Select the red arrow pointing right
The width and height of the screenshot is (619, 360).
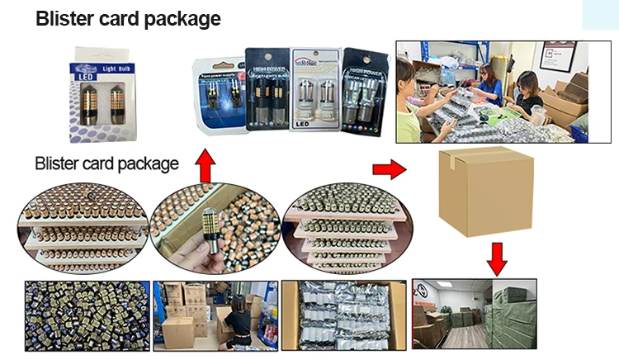pos(389,169)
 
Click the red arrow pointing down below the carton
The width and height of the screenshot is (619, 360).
pos(497,258)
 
